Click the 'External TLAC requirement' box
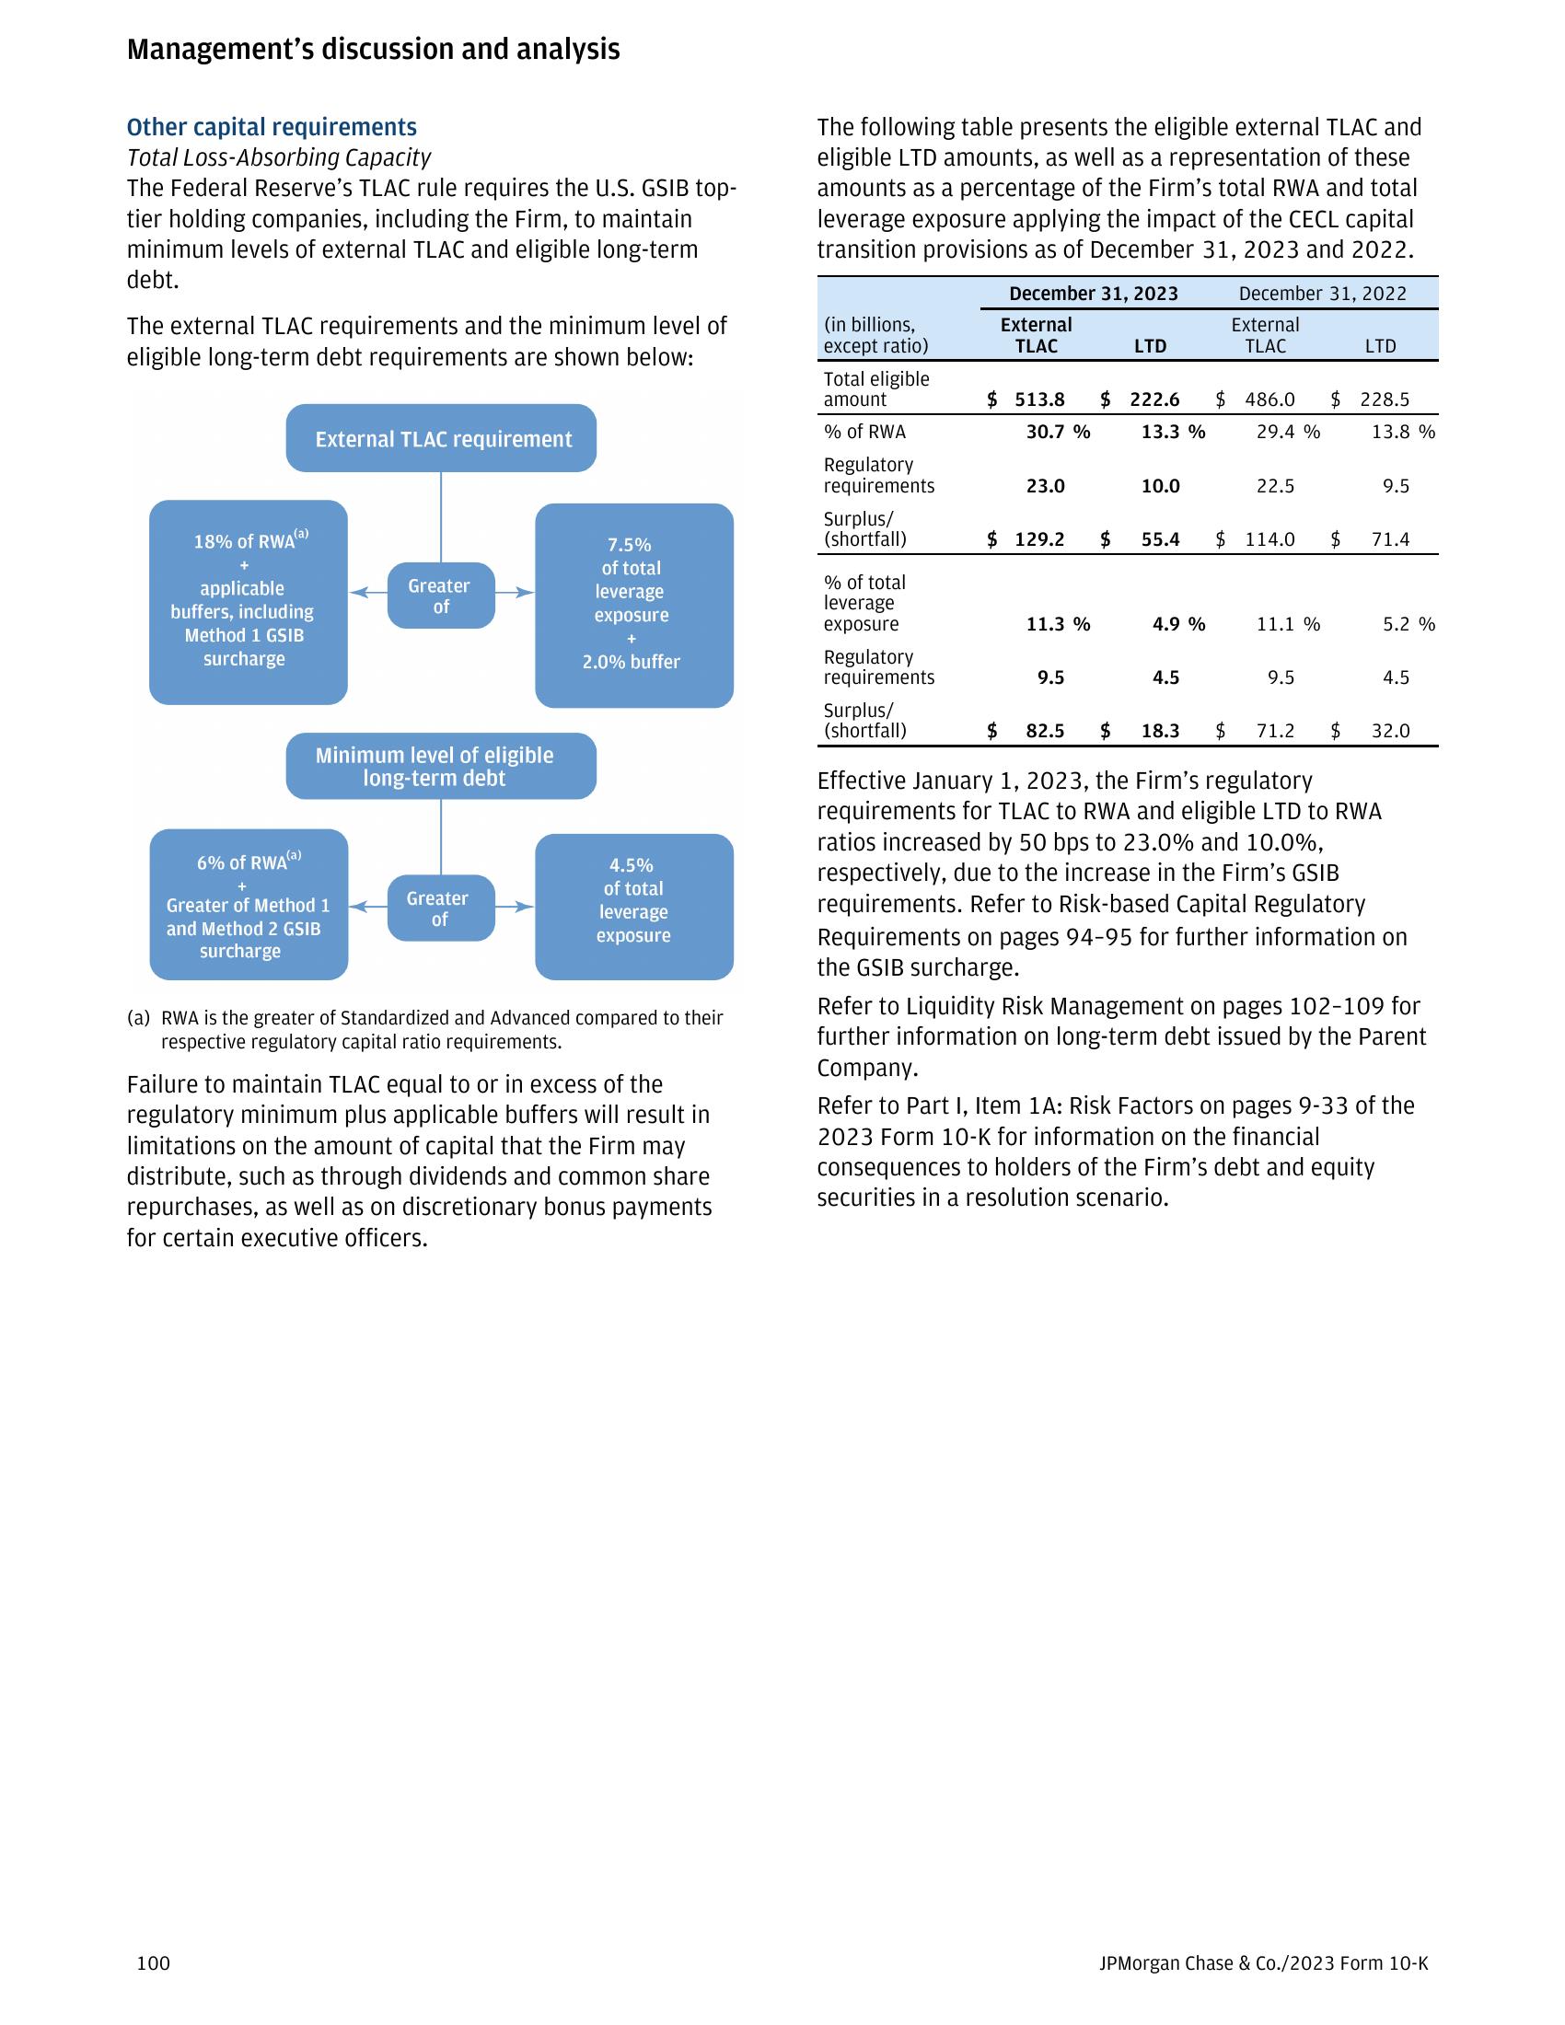coord(440,438)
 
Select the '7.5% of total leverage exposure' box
coord(634,605)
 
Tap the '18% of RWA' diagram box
coord(248,602)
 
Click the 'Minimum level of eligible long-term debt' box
coord(440,766)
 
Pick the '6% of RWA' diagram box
coord(249,904)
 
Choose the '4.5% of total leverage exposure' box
coord(634,906)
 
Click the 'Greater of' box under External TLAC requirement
coord(440,596)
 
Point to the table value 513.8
coord(1039,399)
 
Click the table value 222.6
coord(1154,399)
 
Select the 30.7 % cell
coord(1057,432)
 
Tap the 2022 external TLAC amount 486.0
coord(1269,399)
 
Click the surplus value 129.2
coord(1039,539)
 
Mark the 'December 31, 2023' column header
coord(1093,294)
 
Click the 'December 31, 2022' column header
coord(1322,294)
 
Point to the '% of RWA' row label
coord(864,432)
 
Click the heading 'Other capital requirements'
coord(272,127)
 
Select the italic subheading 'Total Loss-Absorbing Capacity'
coord(278,157)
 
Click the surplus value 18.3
coord(1160,731)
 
